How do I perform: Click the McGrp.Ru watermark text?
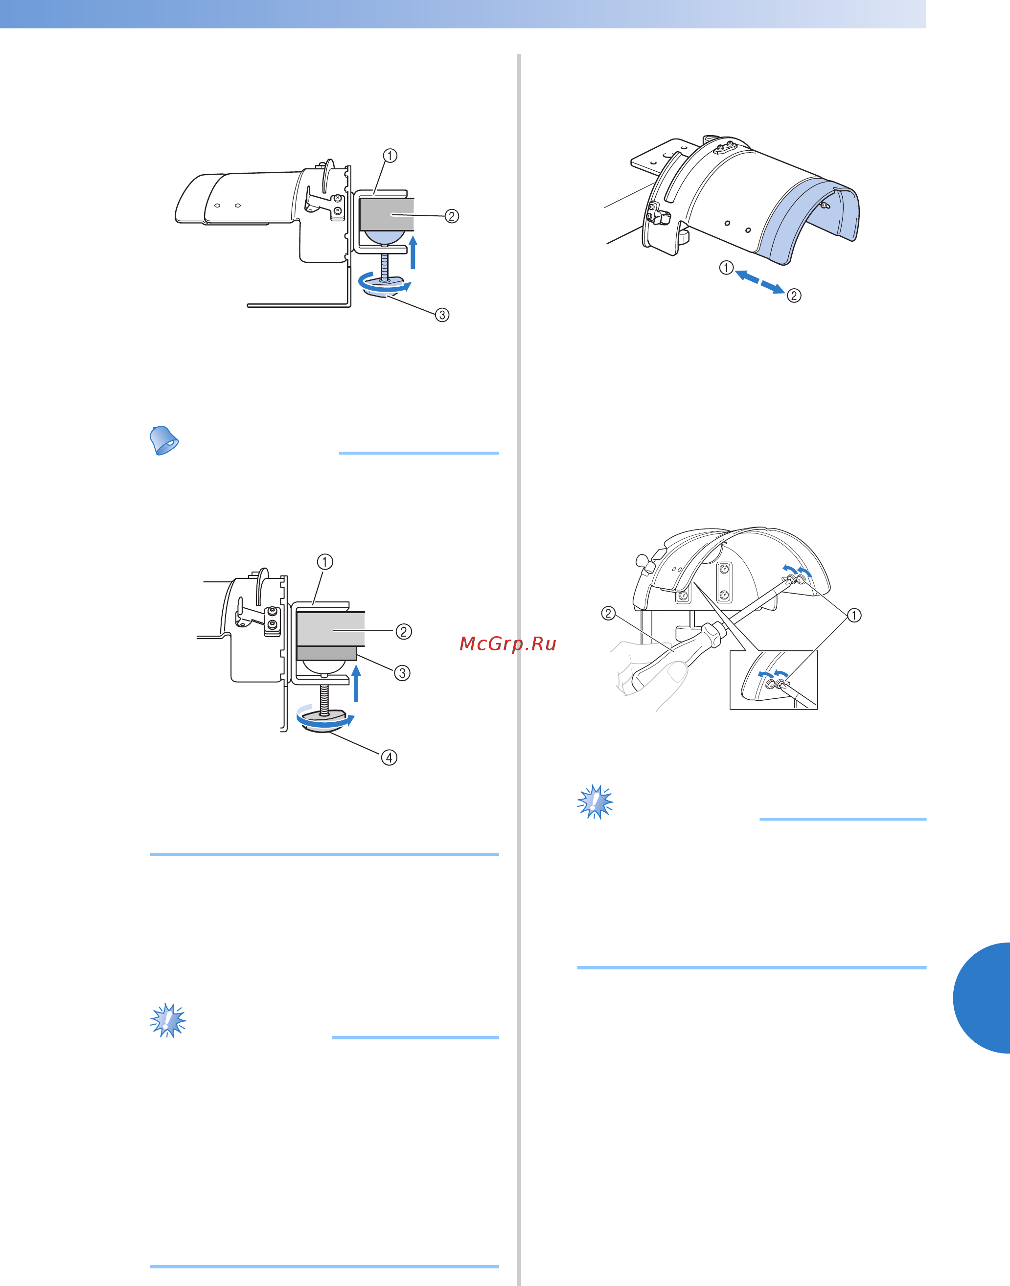click(508, 644)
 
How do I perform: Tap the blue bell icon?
click(163, 440)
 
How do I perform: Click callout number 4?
click(389, 758)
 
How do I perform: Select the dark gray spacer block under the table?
click(326, 652)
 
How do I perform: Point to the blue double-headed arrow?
click(760, 282)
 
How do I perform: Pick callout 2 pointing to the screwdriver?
click(608, 613)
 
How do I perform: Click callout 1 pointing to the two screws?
click(853, 616)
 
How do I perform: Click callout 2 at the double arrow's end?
click(794, 295)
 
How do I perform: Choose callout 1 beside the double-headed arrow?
click(726, 268)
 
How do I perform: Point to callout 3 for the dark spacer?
click(402, 673)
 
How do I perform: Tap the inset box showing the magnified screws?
click(774, 679)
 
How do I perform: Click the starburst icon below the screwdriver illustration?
click(595, 802)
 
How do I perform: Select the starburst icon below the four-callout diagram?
click(168, 1020)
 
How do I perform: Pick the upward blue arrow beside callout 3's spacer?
click(356, 683)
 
